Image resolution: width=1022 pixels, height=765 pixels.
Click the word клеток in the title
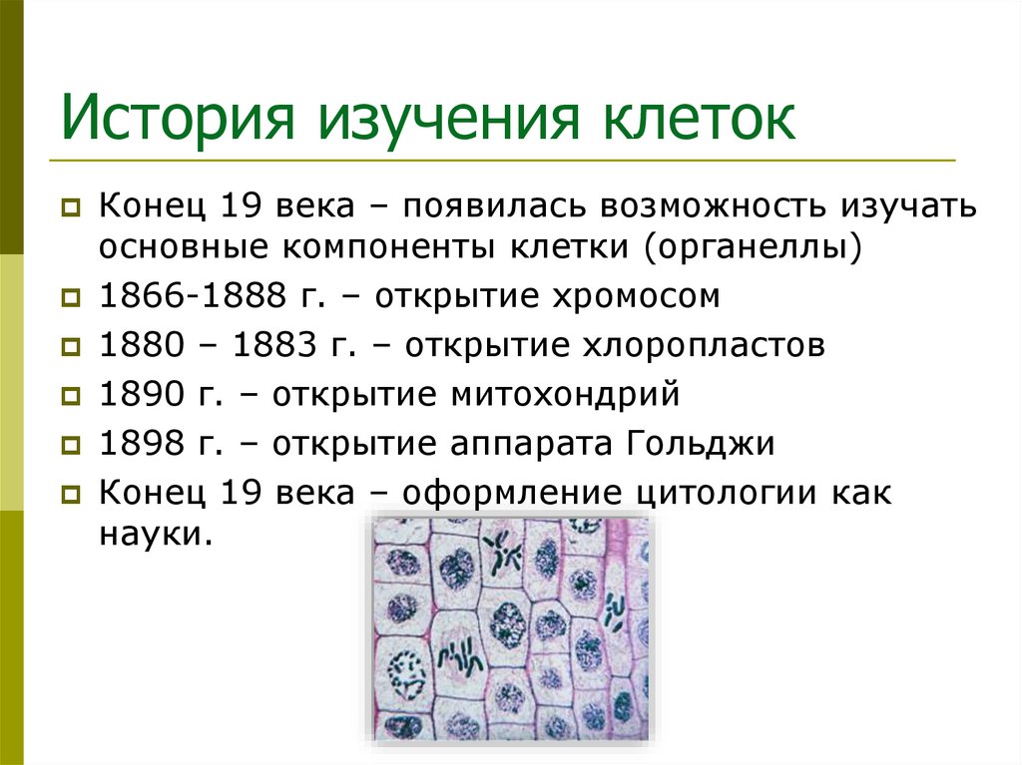coord(696,119)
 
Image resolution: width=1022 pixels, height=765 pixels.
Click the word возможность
coord(708,208)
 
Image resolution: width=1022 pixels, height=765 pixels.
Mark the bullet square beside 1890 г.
coord(71,396)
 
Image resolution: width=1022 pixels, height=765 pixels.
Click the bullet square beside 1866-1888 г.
coord(71,297)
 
